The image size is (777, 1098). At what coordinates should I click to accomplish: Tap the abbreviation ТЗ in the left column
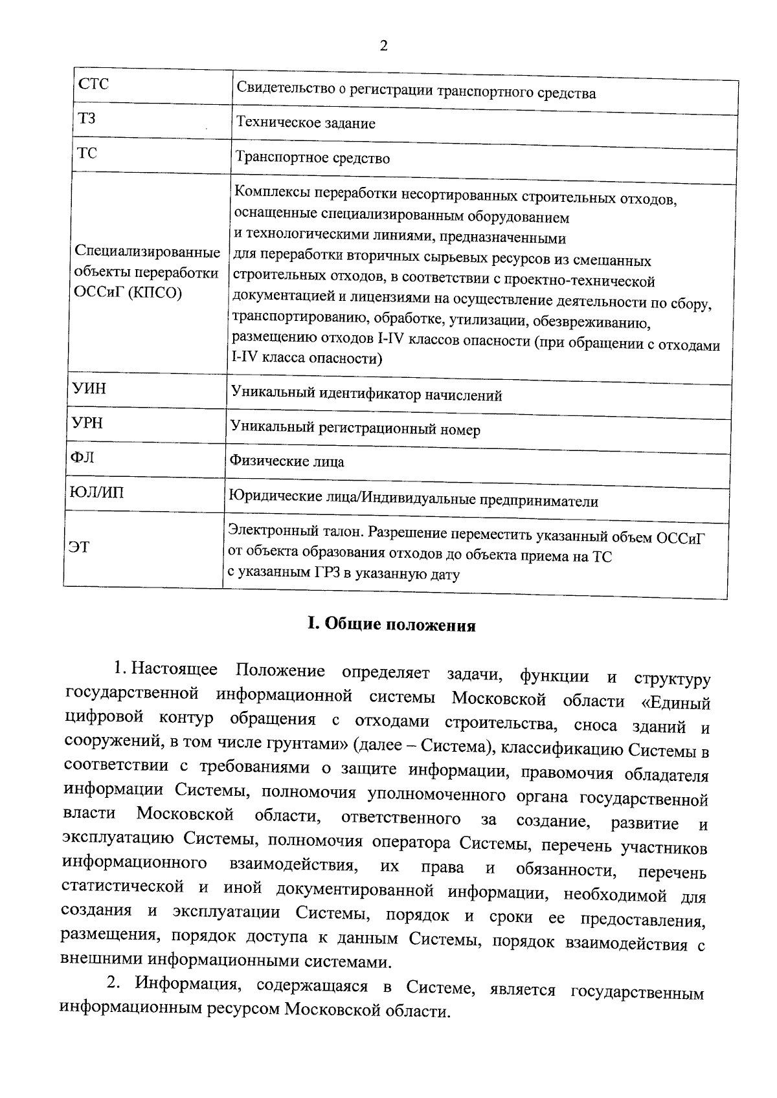pyautogui.click(x=86, y=119)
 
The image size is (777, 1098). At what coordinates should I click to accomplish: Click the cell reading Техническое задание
pyautogui.click(x=306, y=123)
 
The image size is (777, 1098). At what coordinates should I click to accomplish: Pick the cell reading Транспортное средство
pyautogui.click(x=313, y=158)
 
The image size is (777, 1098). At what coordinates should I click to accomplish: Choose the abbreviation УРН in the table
pyautogui.click(x=87, y=423)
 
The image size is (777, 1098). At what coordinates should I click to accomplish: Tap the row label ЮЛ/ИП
pyautogui.click(x=96, y=493)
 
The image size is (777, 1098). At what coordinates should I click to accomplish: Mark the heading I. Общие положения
pyautogui.click(x=391, y=625)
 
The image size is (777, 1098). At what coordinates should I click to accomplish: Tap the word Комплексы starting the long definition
pyautogui.click(x=267, y=192)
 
